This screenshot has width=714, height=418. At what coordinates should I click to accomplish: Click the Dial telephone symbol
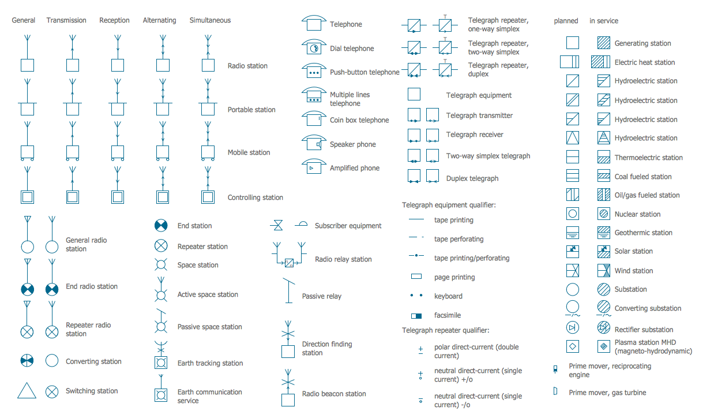pyautogui.click(x=313, y=47)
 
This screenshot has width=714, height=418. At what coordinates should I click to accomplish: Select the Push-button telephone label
pyautogui.click(x=364, y=72)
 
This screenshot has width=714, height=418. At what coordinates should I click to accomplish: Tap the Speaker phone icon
pyautogui.click(x=313, y=143)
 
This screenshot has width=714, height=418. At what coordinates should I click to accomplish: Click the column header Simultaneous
pyautogui.click(x=210, y=20)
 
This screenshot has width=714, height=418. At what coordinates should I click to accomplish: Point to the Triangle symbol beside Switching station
pyautogui.click(x=27, y=390)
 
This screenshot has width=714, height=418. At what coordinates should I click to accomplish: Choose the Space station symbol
pyautogui.click(x=161, y=265)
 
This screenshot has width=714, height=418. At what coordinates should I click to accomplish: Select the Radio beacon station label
pyautogui.click(x=334, y=394)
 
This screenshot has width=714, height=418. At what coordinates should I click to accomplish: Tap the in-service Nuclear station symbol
pyautogui.click(x=603, y=214)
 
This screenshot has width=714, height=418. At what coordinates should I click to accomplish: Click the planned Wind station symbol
pyautogui.click(x=573, y=270)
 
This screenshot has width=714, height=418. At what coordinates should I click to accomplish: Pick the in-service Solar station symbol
pyautogui.click(x=603, y=251)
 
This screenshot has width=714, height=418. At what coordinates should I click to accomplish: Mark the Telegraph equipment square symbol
pyautogui.click(x=414, y=94)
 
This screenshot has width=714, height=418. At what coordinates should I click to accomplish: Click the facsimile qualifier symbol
pyautogui.click(x=416, y=316)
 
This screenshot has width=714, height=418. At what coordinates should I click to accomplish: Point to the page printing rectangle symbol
pyautogui.click(x=416, y=277)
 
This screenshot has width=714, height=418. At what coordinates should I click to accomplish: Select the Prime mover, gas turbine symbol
pyautogui.click(x=555, y=391)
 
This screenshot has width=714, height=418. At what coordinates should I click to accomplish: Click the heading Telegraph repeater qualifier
pyautogui.click(x=445, y=330)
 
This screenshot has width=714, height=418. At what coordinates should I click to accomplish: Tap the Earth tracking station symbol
pyautogui.click(x=161, y=363)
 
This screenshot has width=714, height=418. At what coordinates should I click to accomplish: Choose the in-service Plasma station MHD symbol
pyautogui.click(x=603, y=346)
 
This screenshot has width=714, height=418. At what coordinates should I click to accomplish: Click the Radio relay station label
pyautogui.click(x=343, y=259)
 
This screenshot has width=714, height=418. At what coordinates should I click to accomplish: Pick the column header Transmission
pyautogui.click(x=66, y=20)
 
